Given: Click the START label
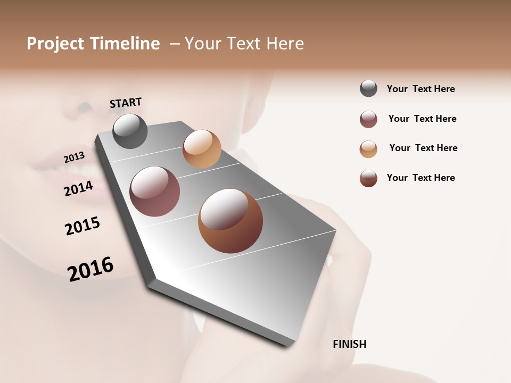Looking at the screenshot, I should click(x=126, y=103).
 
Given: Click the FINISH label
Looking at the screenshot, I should click(x=349, y=344).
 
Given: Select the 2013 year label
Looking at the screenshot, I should click(x=74, y=157).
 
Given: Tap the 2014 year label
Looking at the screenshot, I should click(x=78, y=188).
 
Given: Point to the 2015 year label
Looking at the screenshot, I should click(x=83, y=226).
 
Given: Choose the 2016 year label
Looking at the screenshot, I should click(x=90, y=269).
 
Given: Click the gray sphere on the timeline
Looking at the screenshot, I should click(x=130, y=131).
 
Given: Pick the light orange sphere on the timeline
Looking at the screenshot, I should click(x=202, y=149).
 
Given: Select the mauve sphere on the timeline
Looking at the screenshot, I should click(x=154, y=191).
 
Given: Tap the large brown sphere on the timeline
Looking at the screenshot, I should click(x=230, y=221).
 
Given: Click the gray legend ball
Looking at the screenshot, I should click(x=368, y=88).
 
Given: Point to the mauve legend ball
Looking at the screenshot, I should click(x=368, y=119).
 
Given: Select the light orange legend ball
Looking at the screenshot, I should click(x=368, y=149).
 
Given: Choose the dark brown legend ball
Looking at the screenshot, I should click(x=368, y=178).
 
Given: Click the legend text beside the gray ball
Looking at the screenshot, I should click(x=421, y=89).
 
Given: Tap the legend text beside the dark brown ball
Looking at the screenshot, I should click(x=421, y=178).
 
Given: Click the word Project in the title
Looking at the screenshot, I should click(x=55, y=44).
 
